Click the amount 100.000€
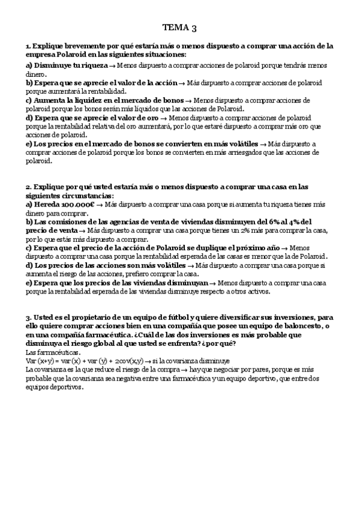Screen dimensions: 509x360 point(77,205)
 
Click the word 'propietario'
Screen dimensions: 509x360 point(83,317)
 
